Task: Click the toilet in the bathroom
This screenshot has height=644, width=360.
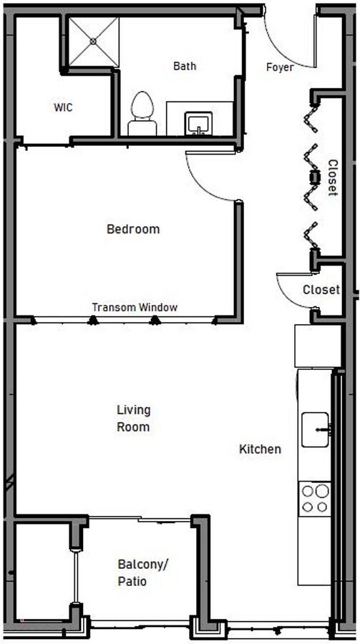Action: pos(142,114)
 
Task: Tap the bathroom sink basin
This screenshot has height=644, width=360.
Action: pos(197,124)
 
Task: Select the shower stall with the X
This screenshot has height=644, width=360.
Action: pos(94,42)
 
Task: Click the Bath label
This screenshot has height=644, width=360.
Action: pos(185,66)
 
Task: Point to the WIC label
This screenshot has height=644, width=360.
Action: pos(63,108)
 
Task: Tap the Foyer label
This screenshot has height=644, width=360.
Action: pos(280,67)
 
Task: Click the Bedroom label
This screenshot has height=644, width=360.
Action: pos(132,230)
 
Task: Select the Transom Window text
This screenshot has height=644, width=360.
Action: pos(135,308)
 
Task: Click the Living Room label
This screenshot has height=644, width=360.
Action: pos(133,419)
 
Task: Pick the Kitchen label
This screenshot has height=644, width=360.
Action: pos(260,449)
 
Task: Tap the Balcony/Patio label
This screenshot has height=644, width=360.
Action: pos(142,573)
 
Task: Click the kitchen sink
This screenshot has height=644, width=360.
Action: pos(315,429)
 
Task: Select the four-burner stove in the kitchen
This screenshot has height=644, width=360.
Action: pos(315,499)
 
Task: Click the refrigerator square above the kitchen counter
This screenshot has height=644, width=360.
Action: pos(317,346)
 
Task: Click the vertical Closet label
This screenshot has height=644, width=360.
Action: pos(332,177)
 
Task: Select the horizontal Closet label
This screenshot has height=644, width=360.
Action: pos(321,291)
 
